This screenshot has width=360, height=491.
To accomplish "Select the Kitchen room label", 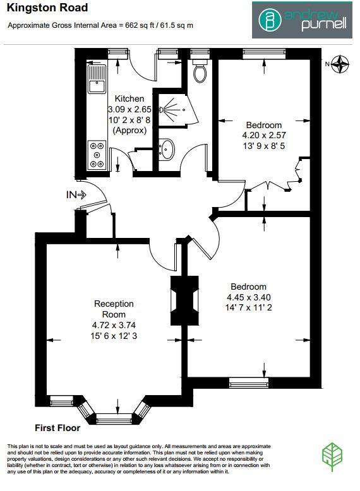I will point(129,98).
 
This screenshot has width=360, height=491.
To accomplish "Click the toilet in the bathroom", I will point(200,72).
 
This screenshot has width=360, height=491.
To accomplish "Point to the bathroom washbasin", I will point(168,150).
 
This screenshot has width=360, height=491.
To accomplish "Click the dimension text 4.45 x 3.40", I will point(248,298).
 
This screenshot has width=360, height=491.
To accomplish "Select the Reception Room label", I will point(114,309).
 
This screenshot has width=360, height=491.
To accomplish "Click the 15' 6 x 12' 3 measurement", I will point(114,335).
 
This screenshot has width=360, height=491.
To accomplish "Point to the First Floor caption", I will point(57,427).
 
